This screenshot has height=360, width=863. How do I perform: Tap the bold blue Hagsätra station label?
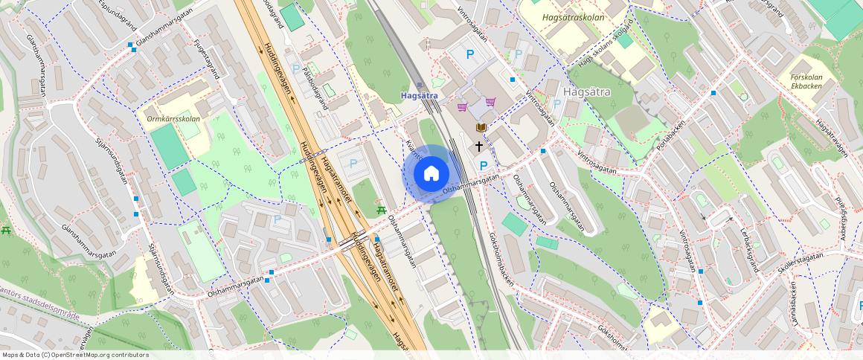click(x=419, y=96)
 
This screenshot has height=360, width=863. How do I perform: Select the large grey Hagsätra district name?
click(x=588, y=92)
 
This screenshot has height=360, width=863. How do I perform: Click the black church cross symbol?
click(x=478, y=147)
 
